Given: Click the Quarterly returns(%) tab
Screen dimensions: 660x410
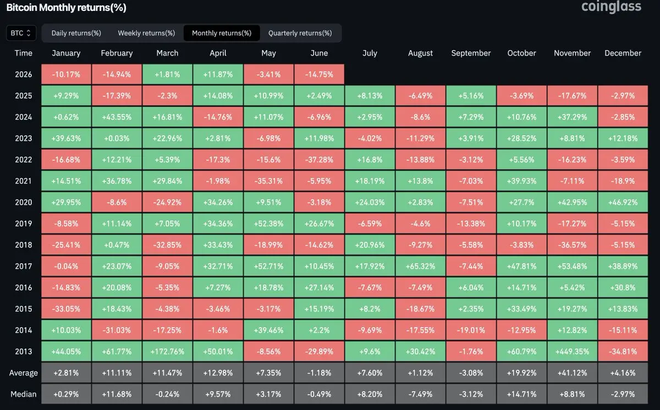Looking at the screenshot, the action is (300, 33).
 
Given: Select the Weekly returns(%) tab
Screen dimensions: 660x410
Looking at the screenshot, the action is (146, 33).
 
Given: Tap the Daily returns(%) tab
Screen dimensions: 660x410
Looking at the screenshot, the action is (76, 33).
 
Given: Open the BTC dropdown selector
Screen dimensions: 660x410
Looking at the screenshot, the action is (21, 32).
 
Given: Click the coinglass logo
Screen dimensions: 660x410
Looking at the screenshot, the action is (611, 7).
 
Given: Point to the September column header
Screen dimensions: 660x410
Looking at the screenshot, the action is (471, 53).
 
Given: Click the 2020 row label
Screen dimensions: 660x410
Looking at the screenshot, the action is (24, 202).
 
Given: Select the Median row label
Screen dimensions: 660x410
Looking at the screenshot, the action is (24, 394).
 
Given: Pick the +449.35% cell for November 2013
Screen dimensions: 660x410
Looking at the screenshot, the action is (572, 351).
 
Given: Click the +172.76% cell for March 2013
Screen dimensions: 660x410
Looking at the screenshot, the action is (167, 351).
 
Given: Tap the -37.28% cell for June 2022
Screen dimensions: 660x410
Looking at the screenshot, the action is (319, 159).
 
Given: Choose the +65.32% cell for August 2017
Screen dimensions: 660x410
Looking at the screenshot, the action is (420, 266).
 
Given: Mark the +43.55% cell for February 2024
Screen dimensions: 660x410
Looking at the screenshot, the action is (117, 117).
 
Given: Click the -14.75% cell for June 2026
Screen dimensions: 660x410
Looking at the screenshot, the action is (319, 74).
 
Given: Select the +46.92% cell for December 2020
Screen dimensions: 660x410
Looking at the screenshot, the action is (623, 202).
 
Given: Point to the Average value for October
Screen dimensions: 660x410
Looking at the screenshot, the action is (521, 373).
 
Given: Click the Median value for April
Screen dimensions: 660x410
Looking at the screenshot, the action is (218, 394).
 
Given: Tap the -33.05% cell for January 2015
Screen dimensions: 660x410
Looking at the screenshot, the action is (66, 309).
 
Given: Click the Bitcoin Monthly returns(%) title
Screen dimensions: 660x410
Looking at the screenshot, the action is (67, 7).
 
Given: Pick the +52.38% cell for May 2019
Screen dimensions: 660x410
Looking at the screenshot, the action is (268, 223).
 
